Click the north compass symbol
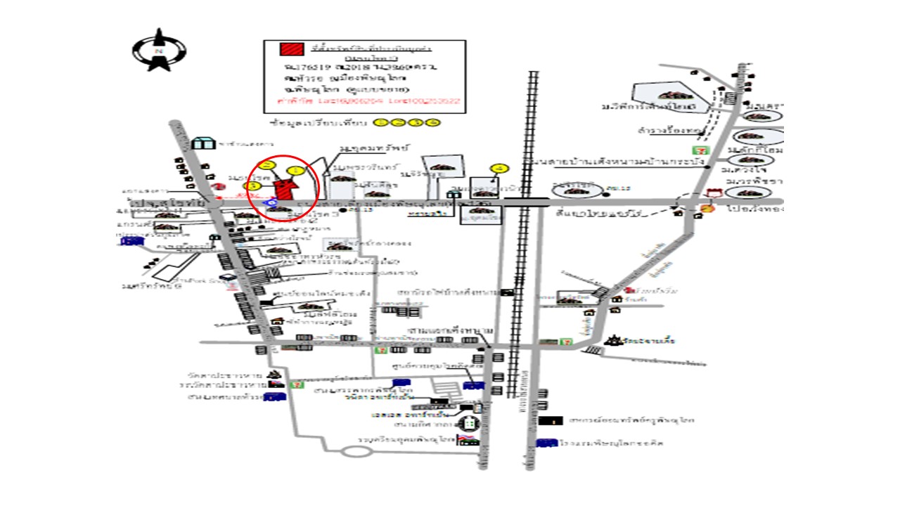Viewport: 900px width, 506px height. (x=159, y=50)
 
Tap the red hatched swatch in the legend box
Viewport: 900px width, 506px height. (x=292, y=49)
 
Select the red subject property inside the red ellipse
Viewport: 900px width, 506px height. (x=285, y=188)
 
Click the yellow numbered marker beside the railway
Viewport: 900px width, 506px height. (x=499, y=168)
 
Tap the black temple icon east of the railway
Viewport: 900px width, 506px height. (x=614, y=341)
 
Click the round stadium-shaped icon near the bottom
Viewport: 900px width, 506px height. (x=469, y=424)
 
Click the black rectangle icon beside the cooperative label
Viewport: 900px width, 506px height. (x=551, y=420)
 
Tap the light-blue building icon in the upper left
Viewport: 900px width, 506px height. (x=203, y=143)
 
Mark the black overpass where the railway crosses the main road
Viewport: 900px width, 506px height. (x=526, y=202)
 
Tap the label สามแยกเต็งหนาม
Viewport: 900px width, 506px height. (x=450, y=330)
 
